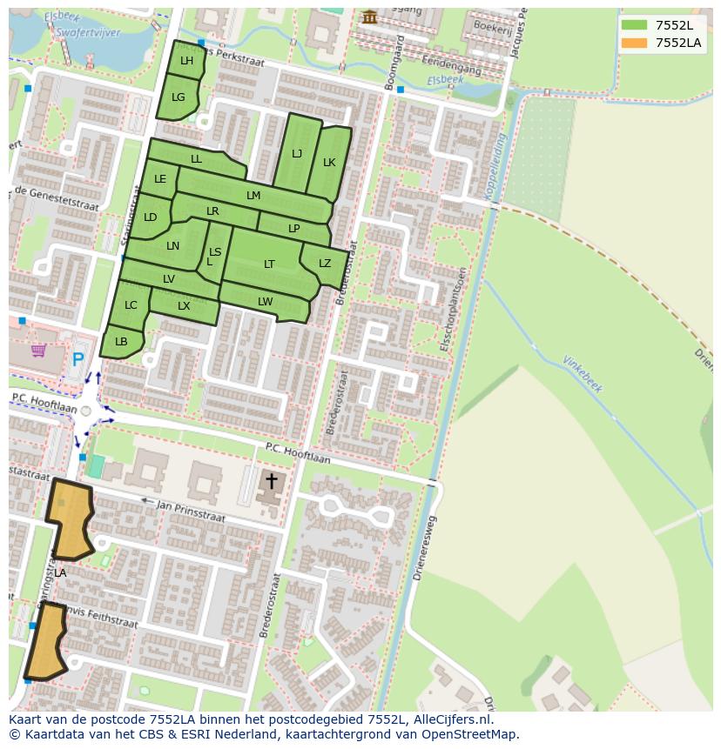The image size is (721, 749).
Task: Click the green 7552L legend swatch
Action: point(634,25)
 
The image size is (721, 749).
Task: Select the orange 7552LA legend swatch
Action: point(634,43)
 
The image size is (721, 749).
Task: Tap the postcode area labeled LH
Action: point(186,60)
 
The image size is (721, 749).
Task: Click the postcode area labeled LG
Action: point(178,97)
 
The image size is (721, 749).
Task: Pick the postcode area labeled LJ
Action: point(296,154)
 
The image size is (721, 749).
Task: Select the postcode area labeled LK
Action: point(329,163)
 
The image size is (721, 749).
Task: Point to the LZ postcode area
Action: point(324,264)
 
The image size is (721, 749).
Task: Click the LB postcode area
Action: point(121,342)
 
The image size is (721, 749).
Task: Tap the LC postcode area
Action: point(131,305)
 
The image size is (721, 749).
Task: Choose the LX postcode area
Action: point(184,306)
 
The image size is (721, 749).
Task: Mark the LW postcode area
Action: point(265,302)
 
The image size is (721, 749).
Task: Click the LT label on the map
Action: point(269,264)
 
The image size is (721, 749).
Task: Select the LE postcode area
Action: point(160,180)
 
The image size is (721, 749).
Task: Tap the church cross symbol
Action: point(271,480)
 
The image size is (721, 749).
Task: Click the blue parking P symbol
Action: point(78,358)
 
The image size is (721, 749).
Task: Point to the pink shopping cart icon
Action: point(38,351)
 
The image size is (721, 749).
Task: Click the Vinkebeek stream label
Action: point(583,374)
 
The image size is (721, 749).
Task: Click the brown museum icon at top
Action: point(370,17)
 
